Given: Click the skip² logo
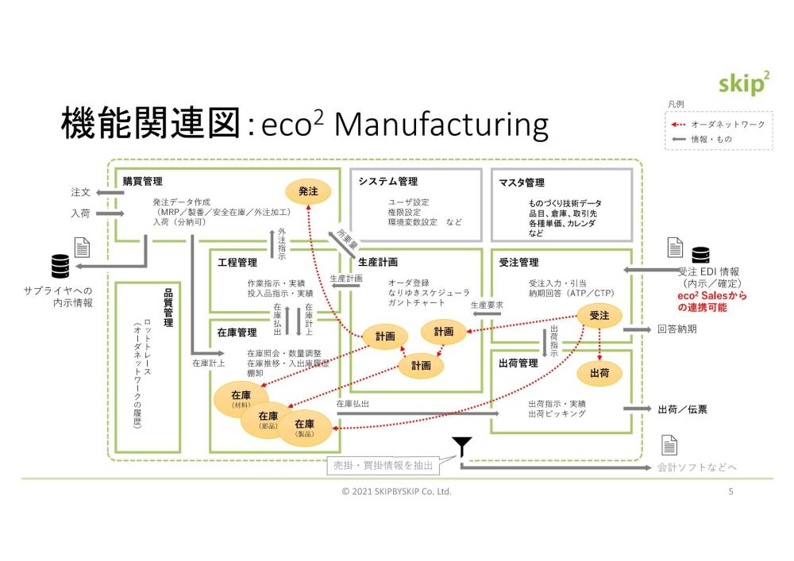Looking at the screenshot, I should [742, 84].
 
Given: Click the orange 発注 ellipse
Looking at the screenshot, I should [308, 191].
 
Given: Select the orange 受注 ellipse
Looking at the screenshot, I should [599, 315].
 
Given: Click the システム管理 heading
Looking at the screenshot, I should [387, 182].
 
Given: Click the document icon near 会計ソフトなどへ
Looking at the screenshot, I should [669, 445].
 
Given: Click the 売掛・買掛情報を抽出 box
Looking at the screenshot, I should [382, 466].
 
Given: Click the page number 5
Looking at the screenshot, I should [730, 492].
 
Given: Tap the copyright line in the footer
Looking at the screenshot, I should [396, 492].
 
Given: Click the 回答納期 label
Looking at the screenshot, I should [676, 329].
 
